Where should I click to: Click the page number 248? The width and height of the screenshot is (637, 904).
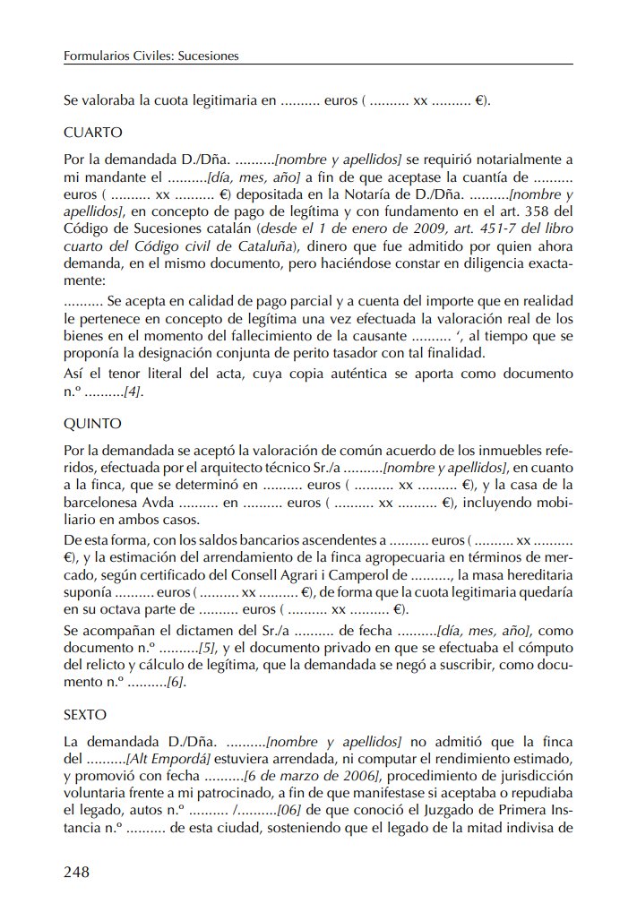[x=77, y=872]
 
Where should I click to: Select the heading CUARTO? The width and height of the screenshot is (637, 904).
[x=93, y=133]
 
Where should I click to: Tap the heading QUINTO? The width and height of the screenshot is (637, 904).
[x=92, y=423]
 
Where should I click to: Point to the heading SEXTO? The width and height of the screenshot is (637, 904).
[x=85, y=715]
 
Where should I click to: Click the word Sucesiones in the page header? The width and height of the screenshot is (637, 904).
[x=208, y=56]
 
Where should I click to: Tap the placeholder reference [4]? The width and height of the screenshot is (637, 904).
[x=133, y=392]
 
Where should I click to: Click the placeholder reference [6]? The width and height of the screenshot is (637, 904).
[x=176, y=684]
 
